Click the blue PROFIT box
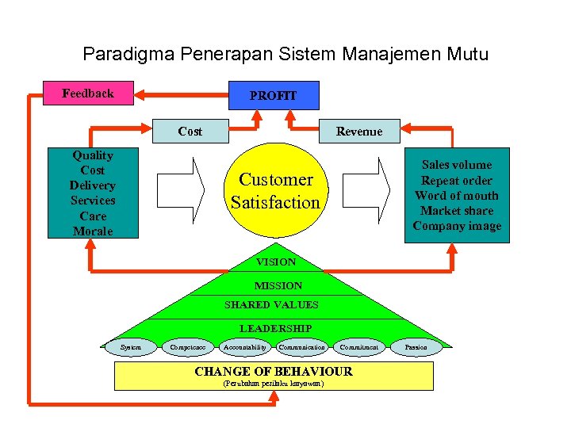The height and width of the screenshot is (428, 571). click(x=274, y=95)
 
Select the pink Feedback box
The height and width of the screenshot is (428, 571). click(x=88, y=94)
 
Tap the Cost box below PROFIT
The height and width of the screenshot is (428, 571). click(x=190, y=132)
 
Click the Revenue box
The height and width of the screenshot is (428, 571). click(x=358, y=132)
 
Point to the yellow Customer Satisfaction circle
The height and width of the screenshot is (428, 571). click(x=275, y=191)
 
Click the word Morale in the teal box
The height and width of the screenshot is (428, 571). click(x=93, y=231)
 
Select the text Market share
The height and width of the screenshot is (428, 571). click(x=457, y=211)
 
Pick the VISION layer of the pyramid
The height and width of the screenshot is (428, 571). click(x=276, y=262)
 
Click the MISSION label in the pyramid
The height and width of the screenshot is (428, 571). click(x=278, y=285)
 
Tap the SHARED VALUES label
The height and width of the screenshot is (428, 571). click(x=271, y=305)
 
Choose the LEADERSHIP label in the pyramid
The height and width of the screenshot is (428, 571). click(x=276, y=328)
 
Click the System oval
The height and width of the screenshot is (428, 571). click(x=131, y=347)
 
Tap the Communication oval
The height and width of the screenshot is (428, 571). click(x=301, y=347)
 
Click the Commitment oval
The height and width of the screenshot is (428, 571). click(x=361, y=347)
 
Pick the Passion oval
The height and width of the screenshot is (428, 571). click(x=416, y=347)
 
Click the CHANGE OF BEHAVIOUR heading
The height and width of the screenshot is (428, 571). click(x=274, y=372)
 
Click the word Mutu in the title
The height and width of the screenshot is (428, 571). click(x=468, y=55)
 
